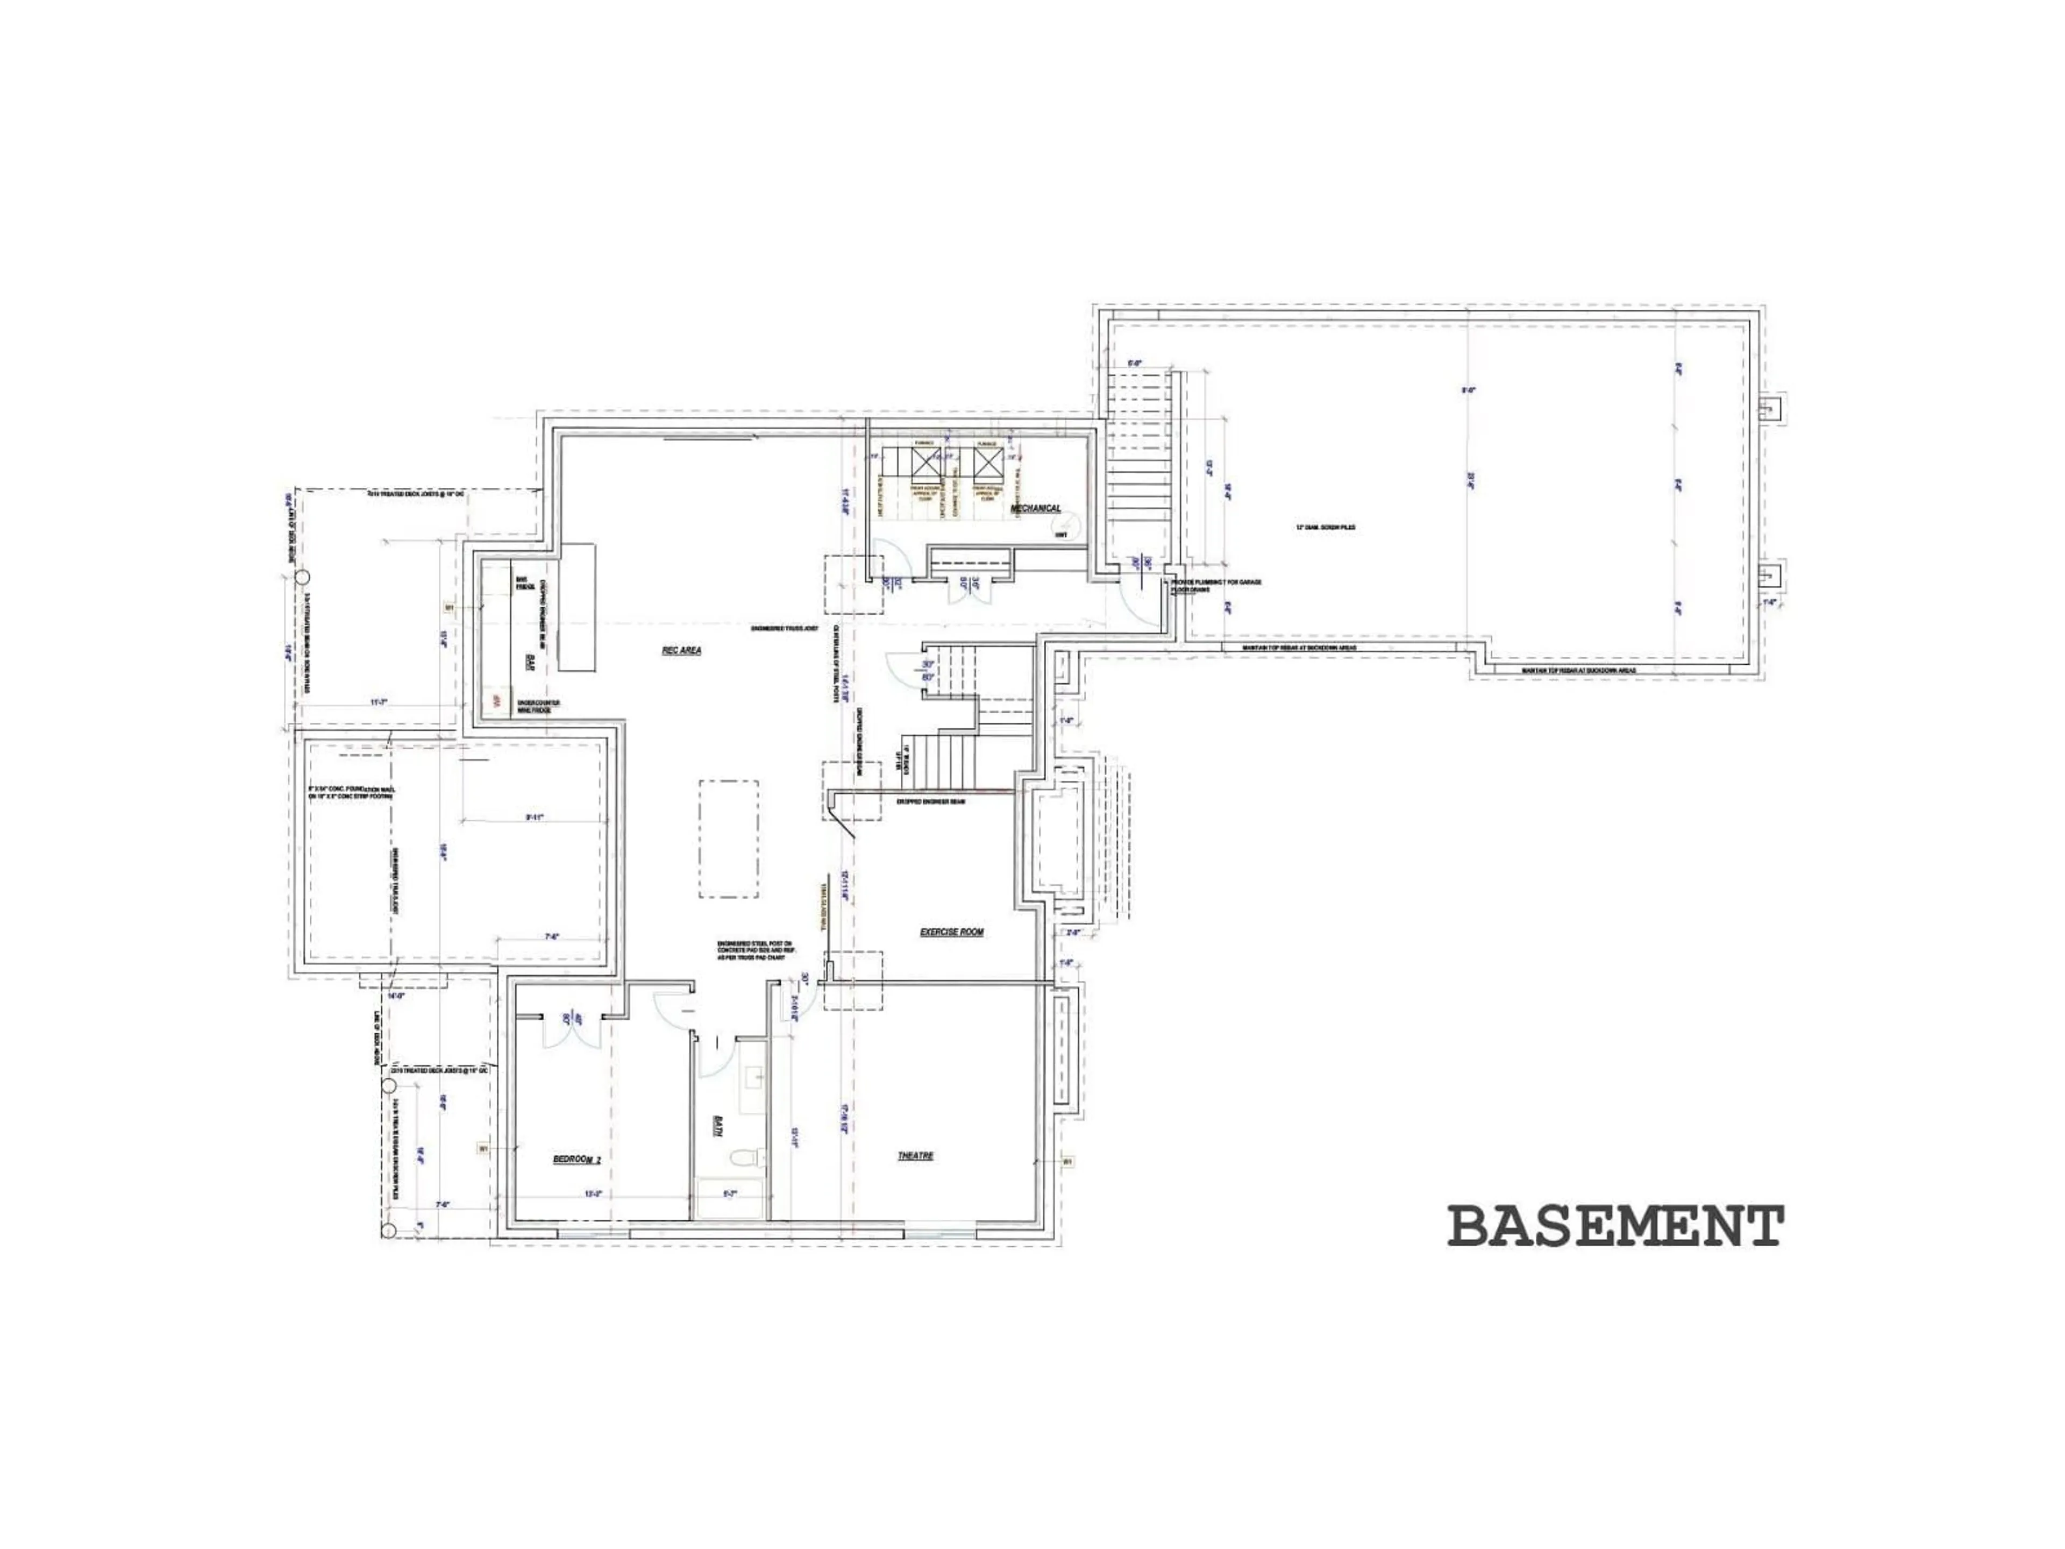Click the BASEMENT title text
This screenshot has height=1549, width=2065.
point(1615,1226)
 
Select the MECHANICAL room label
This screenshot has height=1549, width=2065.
point(1035,508)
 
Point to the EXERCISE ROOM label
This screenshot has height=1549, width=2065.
point(951,932)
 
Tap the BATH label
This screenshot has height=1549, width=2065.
point(720,1126)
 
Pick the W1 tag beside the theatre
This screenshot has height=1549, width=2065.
point(1068,1162)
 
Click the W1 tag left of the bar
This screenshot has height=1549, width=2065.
point(449,608)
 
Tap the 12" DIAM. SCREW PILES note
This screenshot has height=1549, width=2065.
point(1325,528)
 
